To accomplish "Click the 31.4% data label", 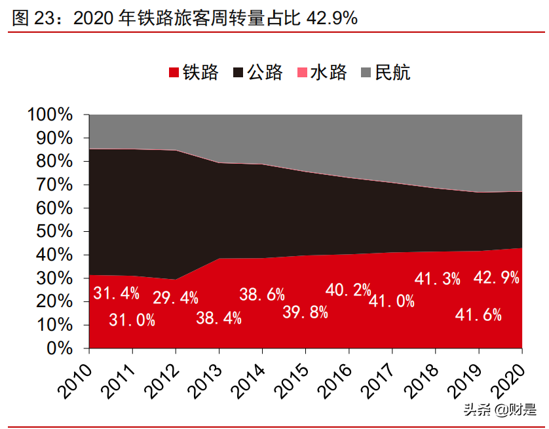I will tap(116, 293).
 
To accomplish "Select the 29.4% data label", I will tap(175, 298).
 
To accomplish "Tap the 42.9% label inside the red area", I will tap(496, 277).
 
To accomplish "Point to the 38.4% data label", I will tap(219, 318).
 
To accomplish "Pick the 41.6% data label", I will tap(478, 316).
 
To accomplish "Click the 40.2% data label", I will tap(349, 289).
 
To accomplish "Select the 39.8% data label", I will tap(305, 312).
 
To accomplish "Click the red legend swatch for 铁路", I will tap(174, 73).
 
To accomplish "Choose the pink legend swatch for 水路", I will tap(303, 73).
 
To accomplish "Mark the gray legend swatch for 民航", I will tap(367, 73).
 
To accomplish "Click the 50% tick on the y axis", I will tap(54, 232).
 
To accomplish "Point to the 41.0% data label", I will tap(392, 301).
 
